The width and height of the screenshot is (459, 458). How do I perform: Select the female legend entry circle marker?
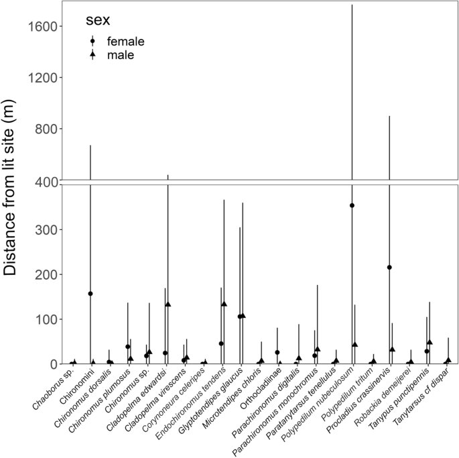pyautogui.click(x=93, y=42)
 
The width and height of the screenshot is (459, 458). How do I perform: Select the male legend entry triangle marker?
pyautogui.click(x=93, y=55)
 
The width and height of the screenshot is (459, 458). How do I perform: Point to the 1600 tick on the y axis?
pyautogui.click(x=47, y=27)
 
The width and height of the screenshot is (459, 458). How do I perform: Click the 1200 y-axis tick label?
pyautogui.click(x=47, y=78)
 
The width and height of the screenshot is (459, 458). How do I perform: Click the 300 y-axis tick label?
pyautogui.click(x=52, y=229)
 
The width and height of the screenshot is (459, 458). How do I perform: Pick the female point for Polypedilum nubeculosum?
pyautogui.click(x=352, y=206)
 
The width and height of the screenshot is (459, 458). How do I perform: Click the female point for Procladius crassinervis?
pyautogui.click(x=389, y=268)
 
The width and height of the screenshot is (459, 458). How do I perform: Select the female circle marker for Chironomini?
pyautogui.click(x=90, y=294)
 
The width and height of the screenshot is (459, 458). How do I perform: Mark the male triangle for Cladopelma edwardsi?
pyautogui.click(x=168, y=304)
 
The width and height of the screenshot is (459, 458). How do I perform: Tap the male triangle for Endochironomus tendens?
pyautogui.click(x=224, y=304)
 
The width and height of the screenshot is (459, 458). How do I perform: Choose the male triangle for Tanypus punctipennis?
pyautogui.click(x=430, y=342)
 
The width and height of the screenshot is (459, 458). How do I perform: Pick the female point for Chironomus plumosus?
pyautogui.click(x=128, y=347)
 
